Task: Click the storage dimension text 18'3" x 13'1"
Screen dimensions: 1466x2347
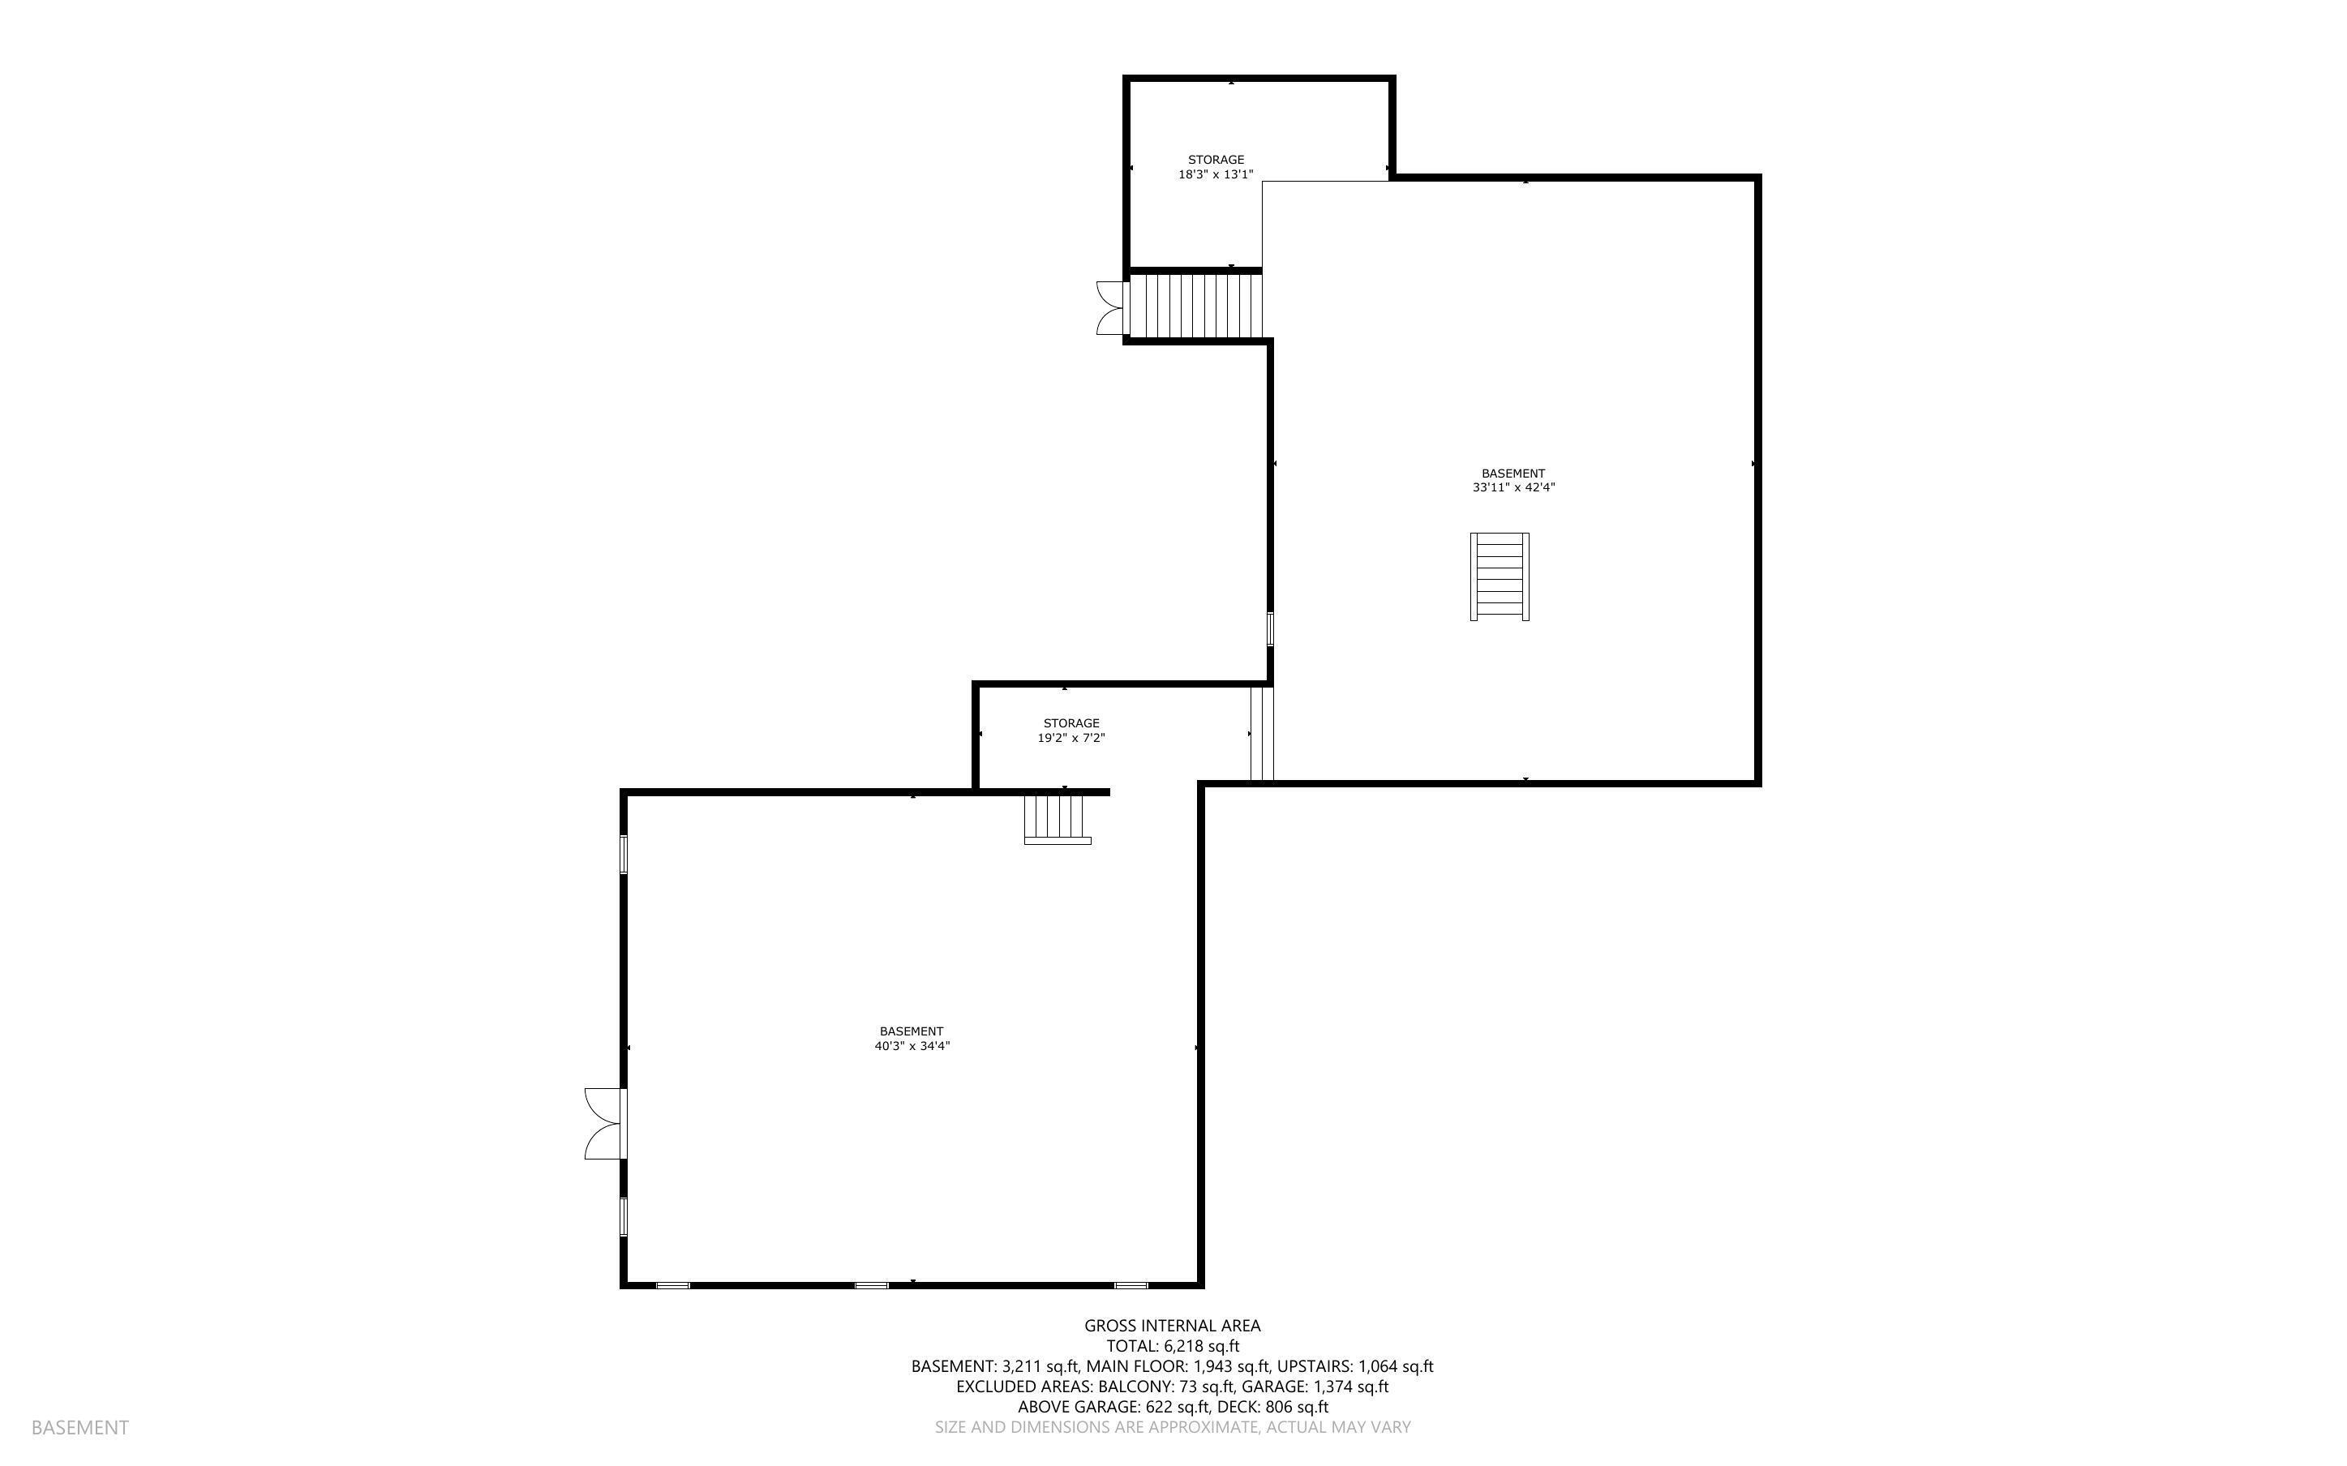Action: [x=1216, y=174]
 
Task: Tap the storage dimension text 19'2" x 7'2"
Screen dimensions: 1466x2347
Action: [x=1071, y=738]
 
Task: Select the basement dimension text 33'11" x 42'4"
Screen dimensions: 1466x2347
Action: [x=1513, y=487]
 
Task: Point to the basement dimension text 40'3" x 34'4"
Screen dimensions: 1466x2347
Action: [x=912, y=1045]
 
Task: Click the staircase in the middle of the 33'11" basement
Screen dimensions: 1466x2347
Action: [x=1500, y=576]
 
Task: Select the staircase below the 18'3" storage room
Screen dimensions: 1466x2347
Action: [x=1196, y=306]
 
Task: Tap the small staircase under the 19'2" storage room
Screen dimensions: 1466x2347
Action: [x=1057, y=817]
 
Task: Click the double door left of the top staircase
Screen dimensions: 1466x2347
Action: [x=1111, y=307]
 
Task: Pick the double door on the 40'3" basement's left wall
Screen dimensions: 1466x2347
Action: [x=604, y=1124]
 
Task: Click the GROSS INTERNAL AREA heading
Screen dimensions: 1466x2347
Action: [x=1172, y=1326]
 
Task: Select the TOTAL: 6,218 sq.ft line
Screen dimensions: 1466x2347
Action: [x=1172, y=1346]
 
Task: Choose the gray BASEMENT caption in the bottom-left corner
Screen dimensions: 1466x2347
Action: [x=79, y=1427]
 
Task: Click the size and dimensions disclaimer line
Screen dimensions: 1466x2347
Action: [x=1172, y=1427]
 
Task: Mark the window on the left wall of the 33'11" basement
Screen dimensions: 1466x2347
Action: [x=1270, y=628]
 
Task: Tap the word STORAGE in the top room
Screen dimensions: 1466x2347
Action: [x=1216, y=159]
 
